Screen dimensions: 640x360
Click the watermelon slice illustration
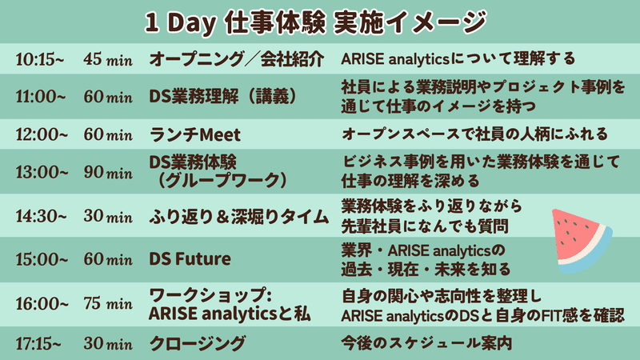pos(581,240)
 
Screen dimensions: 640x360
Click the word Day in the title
pos(191,22)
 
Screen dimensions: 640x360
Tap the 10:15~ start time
pos(39,59)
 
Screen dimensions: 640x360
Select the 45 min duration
pos(108,59)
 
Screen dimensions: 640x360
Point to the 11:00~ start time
pos(41,97)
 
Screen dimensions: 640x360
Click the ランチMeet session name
pos(194,134)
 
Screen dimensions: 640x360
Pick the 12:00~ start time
pos(42,134)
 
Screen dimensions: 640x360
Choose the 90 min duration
pos(108,172)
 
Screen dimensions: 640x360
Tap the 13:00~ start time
pos(42,172)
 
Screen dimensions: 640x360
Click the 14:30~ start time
pos(41,216)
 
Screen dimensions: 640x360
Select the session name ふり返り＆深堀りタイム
pos(238,216)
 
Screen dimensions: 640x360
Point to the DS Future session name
pos(190,258)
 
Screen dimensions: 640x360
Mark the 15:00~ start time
pos(42,259)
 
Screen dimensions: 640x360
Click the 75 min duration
pos(108,304)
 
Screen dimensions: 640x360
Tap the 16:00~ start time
pos(42,304)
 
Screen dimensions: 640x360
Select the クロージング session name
pos(197,344)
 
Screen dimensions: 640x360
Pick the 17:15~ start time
pos(38,344)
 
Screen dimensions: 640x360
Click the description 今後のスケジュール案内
pos(426,343)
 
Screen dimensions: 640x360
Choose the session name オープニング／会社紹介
pos(237,59)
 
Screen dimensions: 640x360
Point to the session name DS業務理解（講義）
pos(223,97)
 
